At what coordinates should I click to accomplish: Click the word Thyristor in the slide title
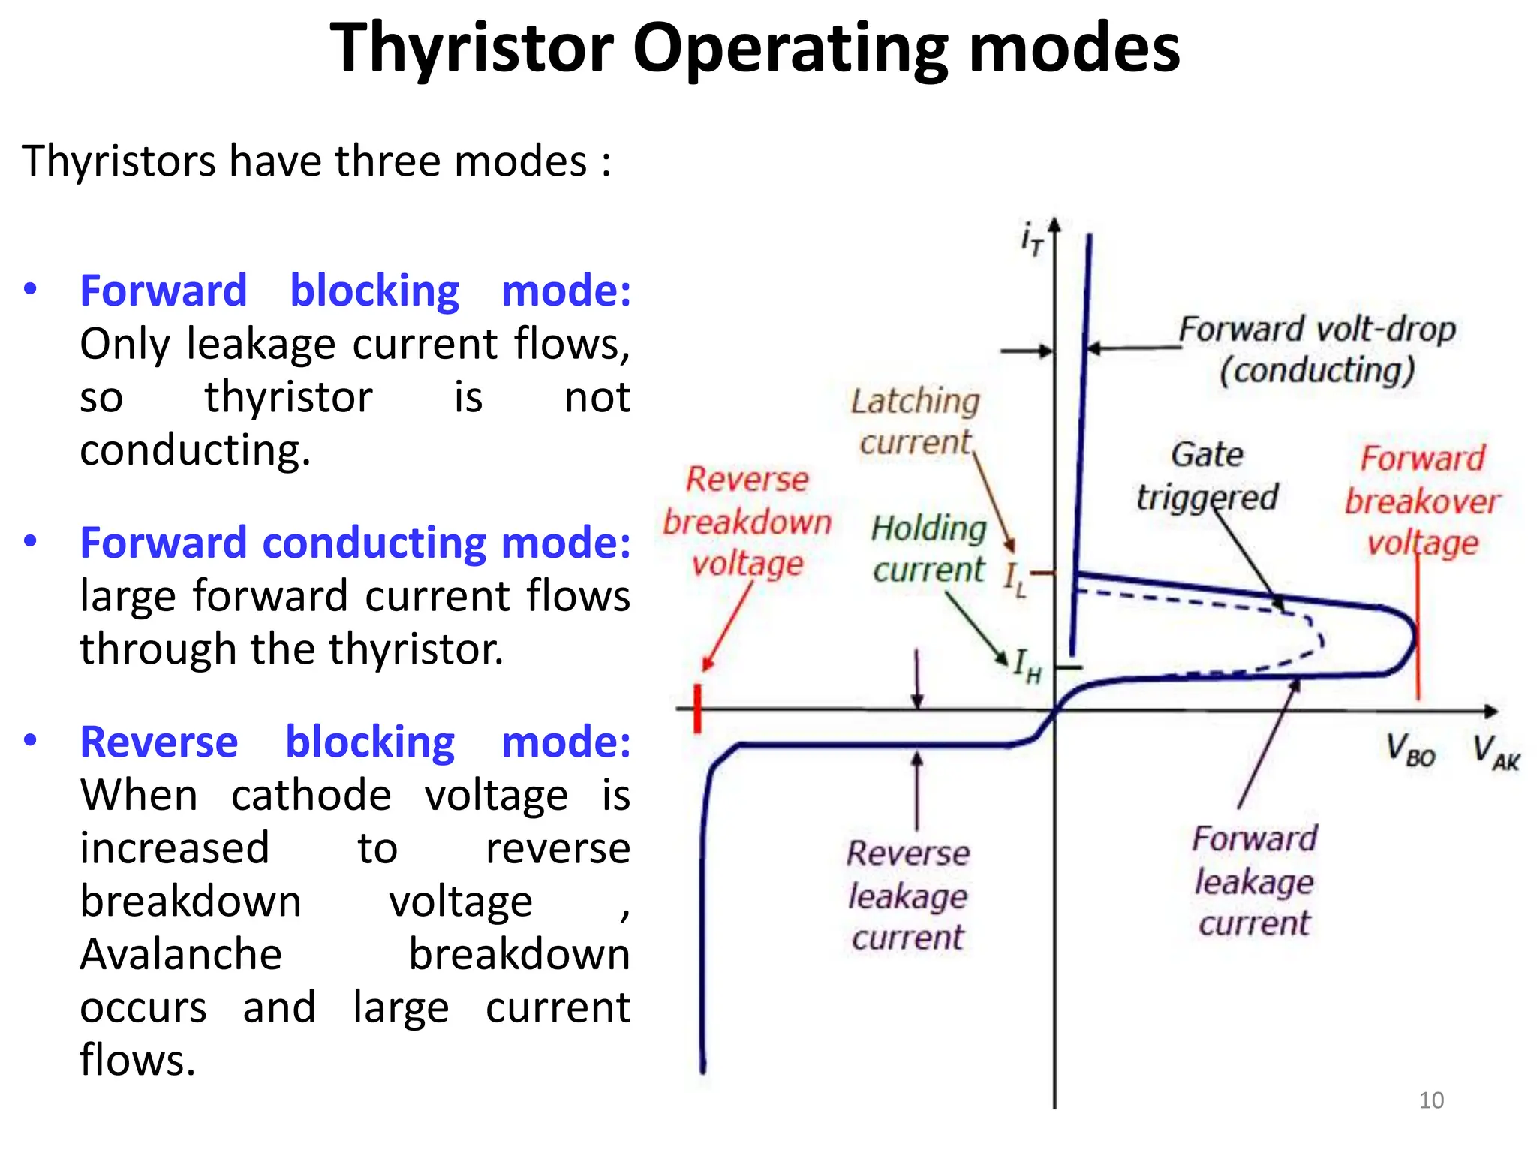tap(472, 49)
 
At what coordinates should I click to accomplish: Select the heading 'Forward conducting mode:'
tap(355, 543)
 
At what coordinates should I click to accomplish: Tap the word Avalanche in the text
tap(181, 954)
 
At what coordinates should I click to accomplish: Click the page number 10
tap(1431, 1100)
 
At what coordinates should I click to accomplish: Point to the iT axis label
tap(1032, 239)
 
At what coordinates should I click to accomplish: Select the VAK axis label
tap(1496, 751)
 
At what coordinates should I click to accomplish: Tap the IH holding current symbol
tap(1027, 665)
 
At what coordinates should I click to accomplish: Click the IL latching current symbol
tap(1015, 580)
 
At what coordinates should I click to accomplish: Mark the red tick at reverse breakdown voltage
tap(698, 708)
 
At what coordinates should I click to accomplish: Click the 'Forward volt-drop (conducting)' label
tap(1317, 350)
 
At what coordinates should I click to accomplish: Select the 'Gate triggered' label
tap(1207, 476)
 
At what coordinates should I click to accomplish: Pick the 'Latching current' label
tap(916, 421)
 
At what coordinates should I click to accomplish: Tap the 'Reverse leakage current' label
tap(908, 895)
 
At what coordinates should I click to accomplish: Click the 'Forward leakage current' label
tap(1255, 881)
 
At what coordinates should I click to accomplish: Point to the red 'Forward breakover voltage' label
tap(1422, 500)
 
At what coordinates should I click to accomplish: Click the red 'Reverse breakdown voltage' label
tap(747, 521)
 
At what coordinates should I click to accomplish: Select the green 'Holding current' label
tap(929, 549)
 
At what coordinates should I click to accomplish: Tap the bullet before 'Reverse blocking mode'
tap(30, 741)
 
